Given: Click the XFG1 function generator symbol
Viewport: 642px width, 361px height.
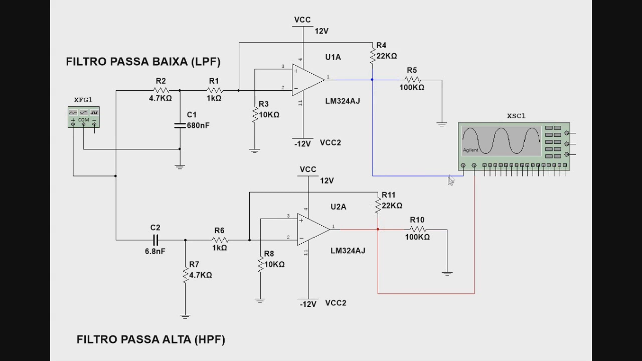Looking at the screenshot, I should tap(84, 117).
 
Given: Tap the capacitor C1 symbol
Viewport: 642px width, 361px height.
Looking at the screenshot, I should tap(180, 125).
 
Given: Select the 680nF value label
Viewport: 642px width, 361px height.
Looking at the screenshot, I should tap(198, 125).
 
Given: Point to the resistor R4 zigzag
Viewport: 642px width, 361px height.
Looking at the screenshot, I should tap(373, 55).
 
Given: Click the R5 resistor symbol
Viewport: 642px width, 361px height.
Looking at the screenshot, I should tap(412, 79).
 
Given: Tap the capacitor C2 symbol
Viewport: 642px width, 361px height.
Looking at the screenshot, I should tap(155, 240).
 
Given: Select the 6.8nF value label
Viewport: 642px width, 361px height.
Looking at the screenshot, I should tap(155, 251).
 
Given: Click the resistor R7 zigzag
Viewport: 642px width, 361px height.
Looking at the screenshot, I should tap(185, 274).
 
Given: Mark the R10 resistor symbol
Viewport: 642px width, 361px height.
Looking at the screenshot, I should tap(417, 229).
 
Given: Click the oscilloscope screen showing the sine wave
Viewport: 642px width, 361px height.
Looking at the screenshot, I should tap(501, 140).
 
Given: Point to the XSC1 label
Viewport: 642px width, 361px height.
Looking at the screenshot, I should tap(516, 116).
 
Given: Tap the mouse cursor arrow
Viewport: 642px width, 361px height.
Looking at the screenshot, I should tap(450, 180).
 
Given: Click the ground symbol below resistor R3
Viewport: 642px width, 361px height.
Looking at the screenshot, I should tap(255, 150).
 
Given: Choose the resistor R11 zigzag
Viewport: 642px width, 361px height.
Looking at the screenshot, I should tap(378, 205).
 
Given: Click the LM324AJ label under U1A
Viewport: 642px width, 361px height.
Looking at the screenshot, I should tap(343, 101).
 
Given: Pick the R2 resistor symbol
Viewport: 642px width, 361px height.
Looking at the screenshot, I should tap(160, 90).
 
